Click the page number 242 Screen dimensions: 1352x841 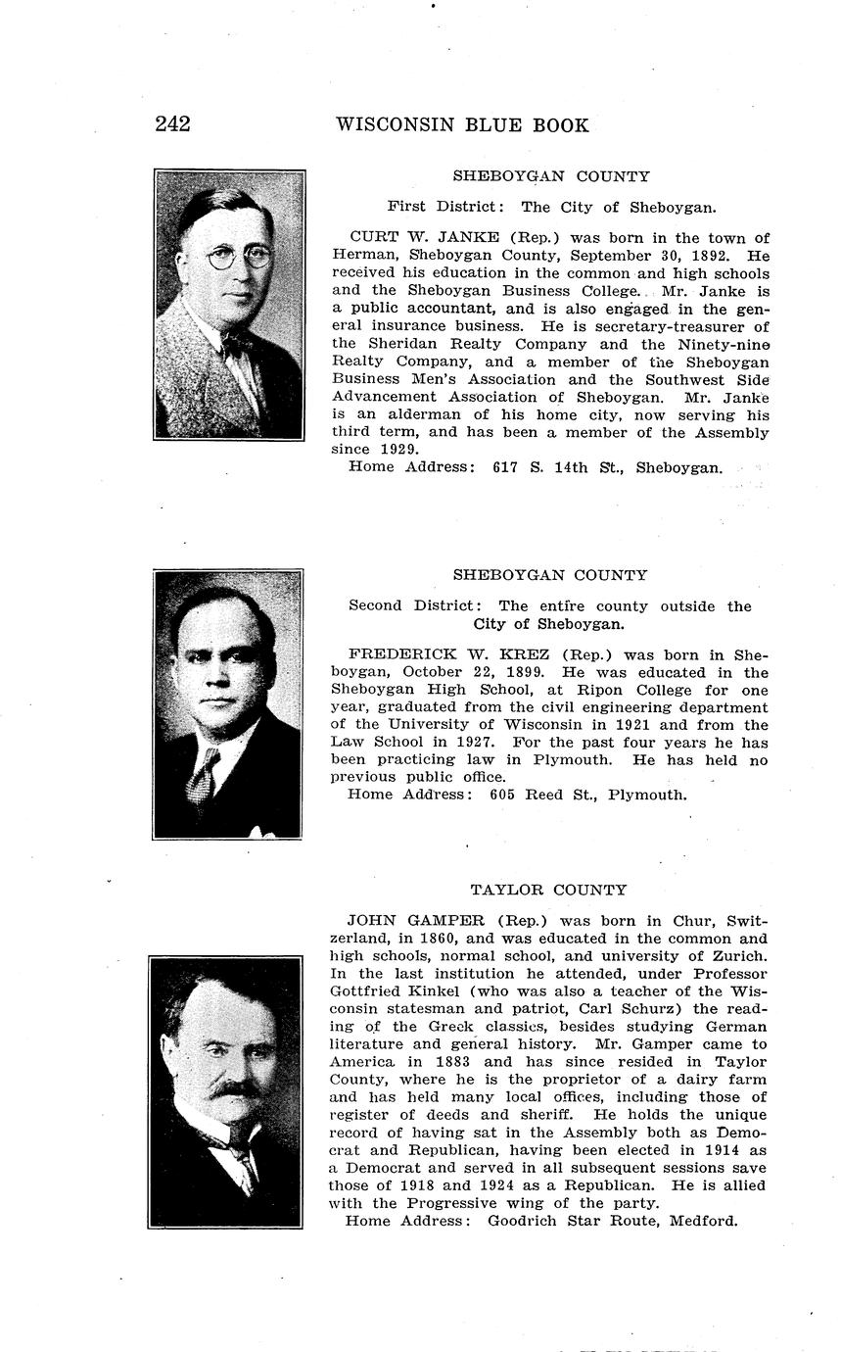point(172,124)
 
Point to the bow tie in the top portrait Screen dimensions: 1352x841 point(237,345)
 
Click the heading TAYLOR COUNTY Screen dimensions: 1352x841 point(548,890)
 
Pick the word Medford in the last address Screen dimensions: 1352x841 point(702,1221)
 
